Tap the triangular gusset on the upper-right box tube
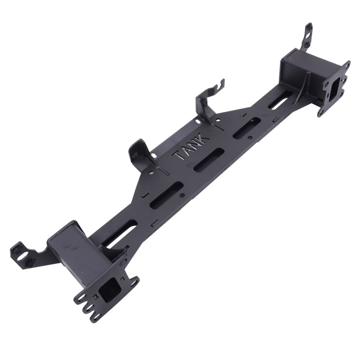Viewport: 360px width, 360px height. pyautogui.click(x=302, y=87)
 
